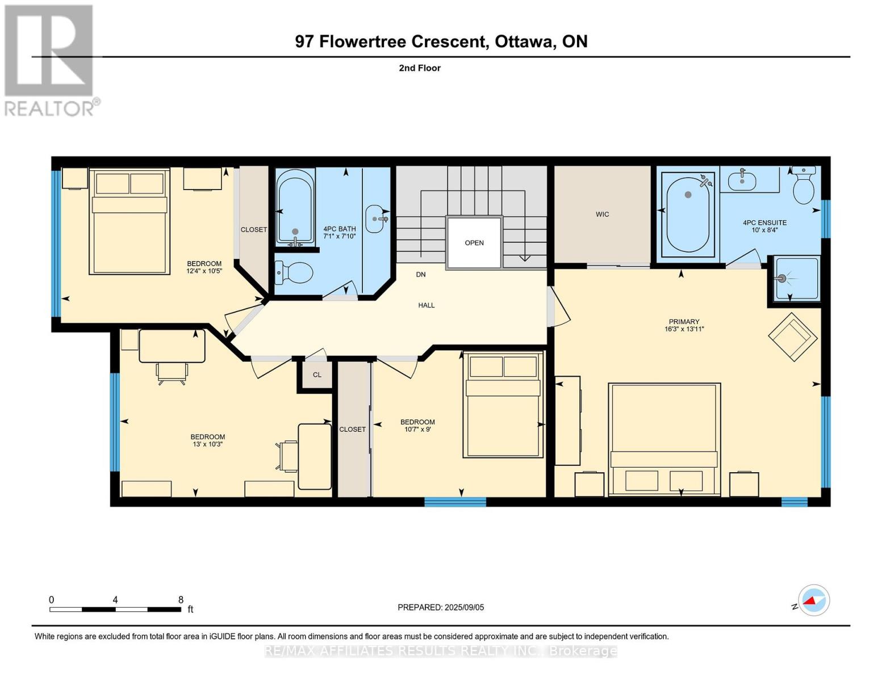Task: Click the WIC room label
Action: coord(602,214)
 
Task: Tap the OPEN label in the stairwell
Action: coord(474,242)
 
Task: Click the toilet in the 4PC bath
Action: coord(294,272)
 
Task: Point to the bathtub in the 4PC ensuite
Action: coord(688,215)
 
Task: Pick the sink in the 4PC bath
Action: coord(376,219)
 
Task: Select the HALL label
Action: coord(426,305)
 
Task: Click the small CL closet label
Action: coord(317,375)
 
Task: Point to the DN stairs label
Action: coord(420,275)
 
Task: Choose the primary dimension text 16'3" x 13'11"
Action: coord(684,329)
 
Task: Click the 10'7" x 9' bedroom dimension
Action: coord(417,429)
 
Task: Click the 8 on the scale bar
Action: coord(181,599)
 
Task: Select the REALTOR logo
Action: coord(51,61)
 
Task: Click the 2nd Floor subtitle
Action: coord(420,68)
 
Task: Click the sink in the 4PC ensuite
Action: coord(742,181)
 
